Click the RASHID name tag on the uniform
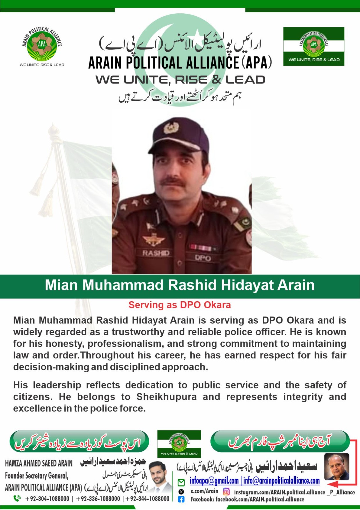156,253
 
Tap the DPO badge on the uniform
203,258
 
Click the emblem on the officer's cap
171,128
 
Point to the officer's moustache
172,182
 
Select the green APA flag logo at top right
314,46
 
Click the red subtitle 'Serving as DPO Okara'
180,305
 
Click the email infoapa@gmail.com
214,481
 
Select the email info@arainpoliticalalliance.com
282,481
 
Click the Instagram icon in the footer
226,492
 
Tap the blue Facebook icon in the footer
181,499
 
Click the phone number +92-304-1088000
47,499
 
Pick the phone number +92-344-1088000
148,499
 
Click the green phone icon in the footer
17,498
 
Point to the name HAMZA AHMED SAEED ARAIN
39,463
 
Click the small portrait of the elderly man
336,467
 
